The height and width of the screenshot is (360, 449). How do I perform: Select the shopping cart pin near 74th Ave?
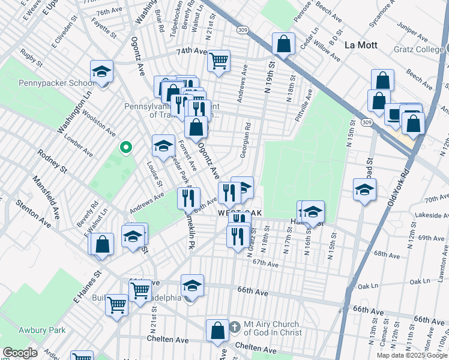tap(218, 60)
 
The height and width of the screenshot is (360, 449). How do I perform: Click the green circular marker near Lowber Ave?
tap(125, 146)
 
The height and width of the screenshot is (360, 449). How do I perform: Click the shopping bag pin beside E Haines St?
tap(103, 244)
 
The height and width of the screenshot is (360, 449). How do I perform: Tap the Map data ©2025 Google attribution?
tap(412, 355)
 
